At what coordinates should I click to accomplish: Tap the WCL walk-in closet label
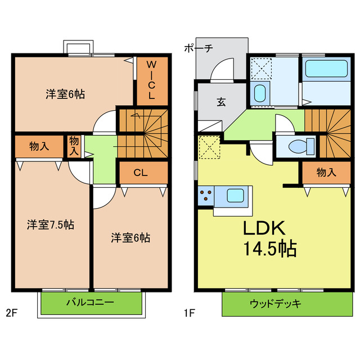(151, 80)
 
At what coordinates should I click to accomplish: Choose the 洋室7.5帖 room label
(51, 225)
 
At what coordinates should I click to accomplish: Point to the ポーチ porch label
(198, 48)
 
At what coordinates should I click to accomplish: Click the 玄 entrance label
(221, 102)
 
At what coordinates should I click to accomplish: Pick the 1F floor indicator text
(189, 313)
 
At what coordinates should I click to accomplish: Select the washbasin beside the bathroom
(259, 93)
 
